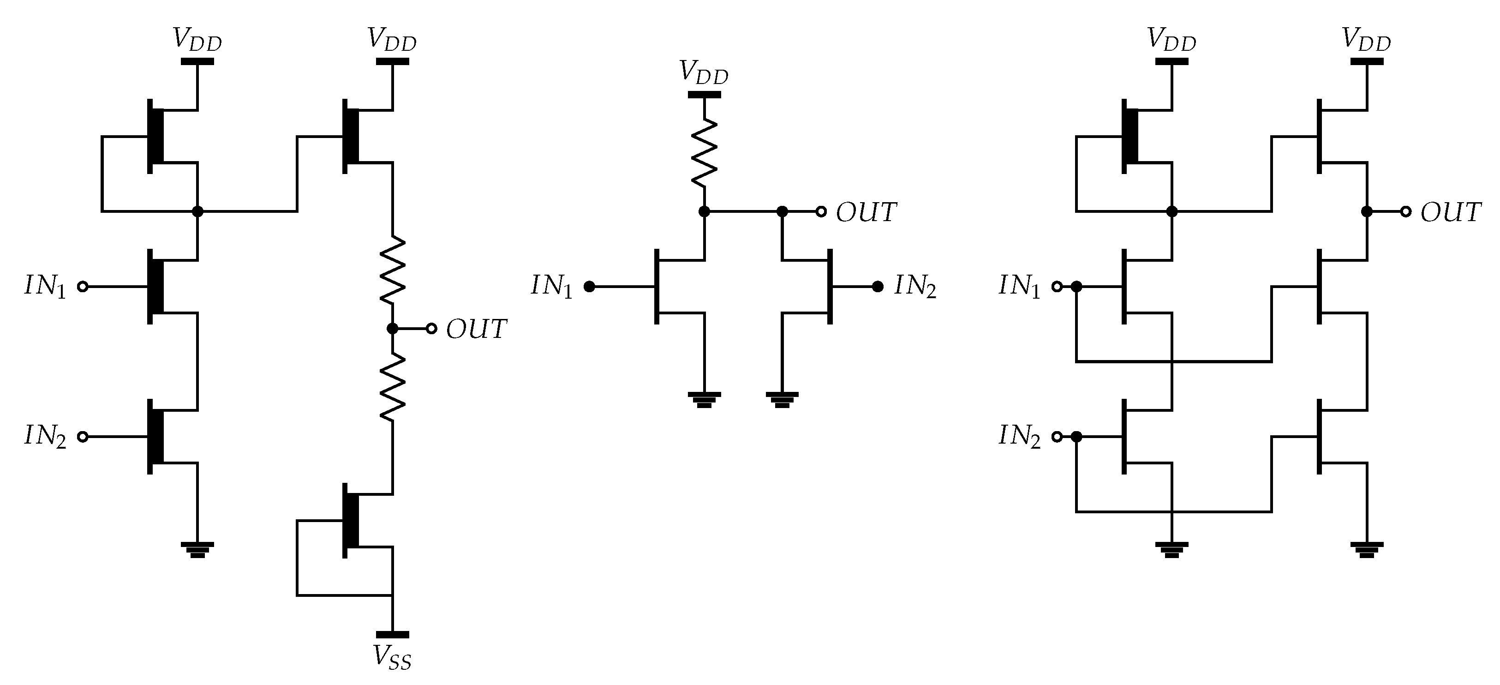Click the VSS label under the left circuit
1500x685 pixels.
pyautogui.click(x=392, y=659)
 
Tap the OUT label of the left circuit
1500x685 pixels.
pyautogui.click(x=476, y=329)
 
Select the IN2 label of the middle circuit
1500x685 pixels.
pyautogui.click(x=915, y=287)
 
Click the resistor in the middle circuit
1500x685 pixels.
pyautogui.click(x=704, y=153)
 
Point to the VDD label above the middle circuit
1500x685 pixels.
pyautogui.click(x=704, y=73)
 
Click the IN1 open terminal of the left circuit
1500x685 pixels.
pyautogui.click(x=83, y=287)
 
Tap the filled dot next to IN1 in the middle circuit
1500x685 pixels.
pyautogui.click(x=589, y=287)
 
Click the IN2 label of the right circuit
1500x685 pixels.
pyautogui.click(x=1019, y=436)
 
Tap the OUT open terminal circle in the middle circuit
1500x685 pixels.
pyautogui.click(x=821, y=211)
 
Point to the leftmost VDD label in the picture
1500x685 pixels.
pyautogui.click(x=197, y=40)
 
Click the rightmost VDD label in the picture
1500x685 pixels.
pyautogui.click(x=1366, y=40)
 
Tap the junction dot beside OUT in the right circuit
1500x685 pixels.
pyautogui.click(x=1366, y=211)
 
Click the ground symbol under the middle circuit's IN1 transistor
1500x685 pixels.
pyautogui.click(x=704, y=399)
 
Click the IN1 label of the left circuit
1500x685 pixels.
pyautogui.click(x=45, y=287)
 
